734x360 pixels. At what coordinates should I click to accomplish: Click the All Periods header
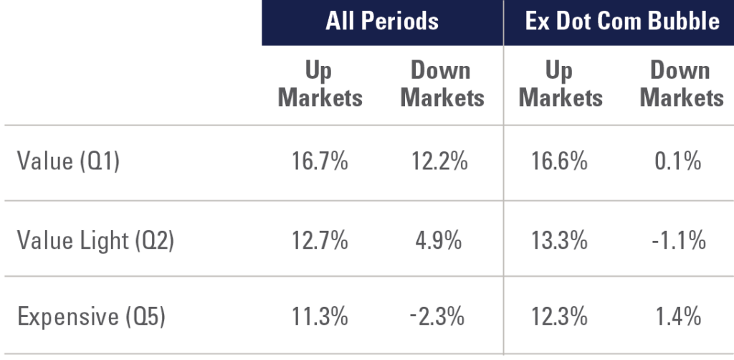(381, 21)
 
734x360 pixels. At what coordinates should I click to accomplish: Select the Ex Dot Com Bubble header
(621, 21)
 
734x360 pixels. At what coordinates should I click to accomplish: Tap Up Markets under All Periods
(320, 84)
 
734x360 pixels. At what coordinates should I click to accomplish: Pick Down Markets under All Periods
(442, 84)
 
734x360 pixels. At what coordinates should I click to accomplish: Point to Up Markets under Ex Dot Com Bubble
(561, 84)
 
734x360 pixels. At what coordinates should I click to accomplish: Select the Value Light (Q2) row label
(95, 240)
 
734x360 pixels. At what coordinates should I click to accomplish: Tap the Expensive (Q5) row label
(90, 316)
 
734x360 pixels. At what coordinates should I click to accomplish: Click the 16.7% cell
(320, 162)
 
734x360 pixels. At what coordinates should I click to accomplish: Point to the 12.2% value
(439, 162)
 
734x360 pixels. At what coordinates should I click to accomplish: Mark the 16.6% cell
(560, 162)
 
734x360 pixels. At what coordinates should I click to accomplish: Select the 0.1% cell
(679, 162)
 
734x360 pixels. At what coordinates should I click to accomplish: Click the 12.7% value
(320, 240)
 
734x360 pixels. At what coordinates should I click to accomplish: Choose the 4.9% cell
(439, 240)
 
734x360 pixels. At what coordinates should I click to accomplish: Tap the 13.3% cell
(560, 240)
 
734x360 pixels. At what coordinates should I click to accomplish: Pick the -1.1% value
(677, 240)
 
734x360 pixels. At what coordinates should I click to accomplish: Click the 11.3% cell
(320, 316)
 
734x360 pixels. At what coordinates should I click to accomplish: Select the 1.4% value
(679, 316)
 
